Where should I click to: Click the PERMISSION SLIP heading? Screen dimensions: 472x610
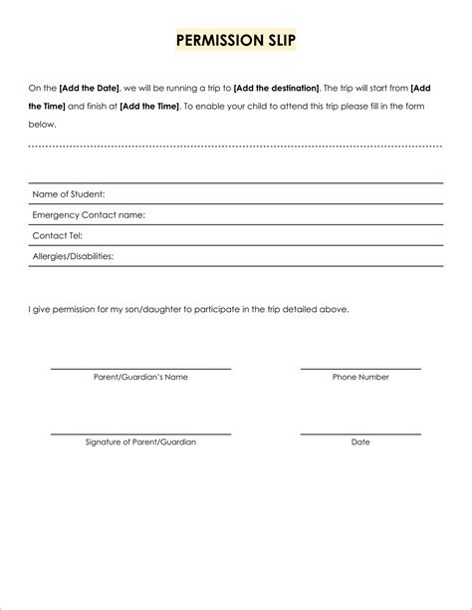[x=236, y=41]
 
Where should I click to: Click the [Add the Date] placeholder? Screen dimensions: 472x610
[x=90, y=89]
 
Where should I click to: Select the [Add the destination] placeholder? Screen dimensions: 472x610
[x=276, y=89]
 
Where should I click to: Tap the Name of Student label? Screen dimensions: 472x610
[x=69, y=194]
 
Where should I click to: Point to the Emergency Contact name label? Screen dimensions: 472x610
[x=89, y=214]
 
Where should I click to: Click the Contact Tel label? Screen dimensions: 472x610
[x=57, y=235]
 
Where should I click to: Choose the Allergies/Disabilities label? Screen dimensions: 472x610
[x=73, y=256]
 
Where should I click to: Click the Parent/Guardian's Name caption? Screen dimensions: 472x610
[x=140, y=377]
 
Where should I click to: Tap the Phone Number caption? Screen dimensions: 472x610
[x=360, y=377]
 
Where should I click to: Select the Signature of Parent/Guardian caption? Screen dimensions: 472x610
[x=140, y=442]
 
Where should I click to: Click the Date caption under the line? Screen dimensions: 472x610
[x=360, y=442]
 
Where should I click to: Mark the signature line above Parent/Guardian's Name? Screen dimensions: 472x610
[x=140, y=369]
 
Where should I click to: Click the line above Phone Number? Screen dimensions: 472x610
[x=360, y=369]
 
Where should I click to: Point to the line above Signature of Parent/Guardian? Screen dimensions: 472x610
[x=140, y=434]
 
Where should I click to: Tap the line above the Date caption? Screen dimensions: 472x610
[x=360, y=434]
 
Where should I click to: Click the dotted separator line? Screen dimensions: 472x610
[x=236, y=146]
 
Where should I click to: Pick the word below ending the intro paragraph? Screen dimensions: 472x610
[x=42, y=125]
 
